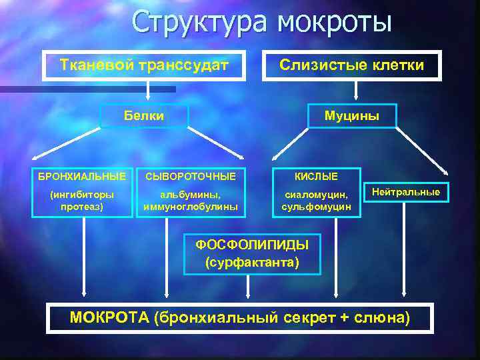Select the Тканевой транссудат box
point(145,65)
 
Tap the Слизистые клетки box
point(351,65)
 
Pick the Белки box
point(144,116)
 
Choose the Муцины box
point(351,116)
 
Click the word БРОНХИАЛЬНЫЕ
point(82,177)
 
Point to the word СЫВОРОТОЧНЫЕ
point(190,177)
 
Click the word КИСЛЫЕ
point(316,177)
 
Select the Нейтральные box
point(405,192)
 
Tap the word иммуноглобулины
point(190,207)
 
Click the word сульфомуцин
point(316,207)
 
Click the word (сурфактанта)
point(252,262)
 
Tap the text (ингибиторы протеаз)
point(82,201)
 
